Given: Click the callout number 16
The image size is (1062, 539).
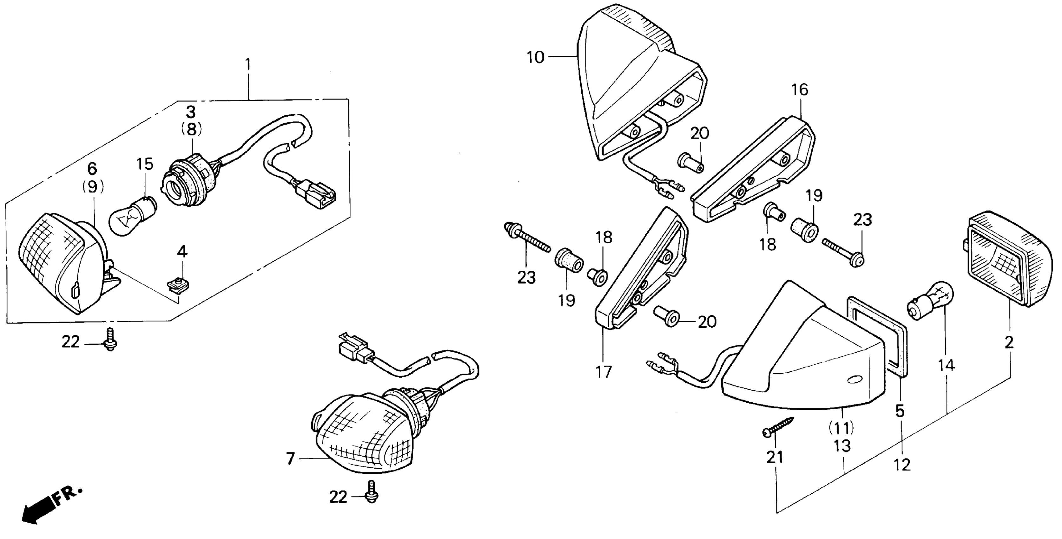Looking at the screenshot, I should (x=800, y=90).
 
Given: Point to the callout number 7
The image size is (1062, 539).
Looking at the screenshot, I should (x=291, y=458).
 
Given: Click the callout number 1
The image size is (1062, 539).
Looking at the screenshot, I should (x=248, y=65).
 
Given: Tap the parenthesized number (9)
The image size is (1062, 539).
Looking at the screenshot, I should (x=93, y=187).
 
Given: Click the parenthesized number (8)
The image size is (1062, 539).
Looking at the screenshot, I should (x=191, y=129).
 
